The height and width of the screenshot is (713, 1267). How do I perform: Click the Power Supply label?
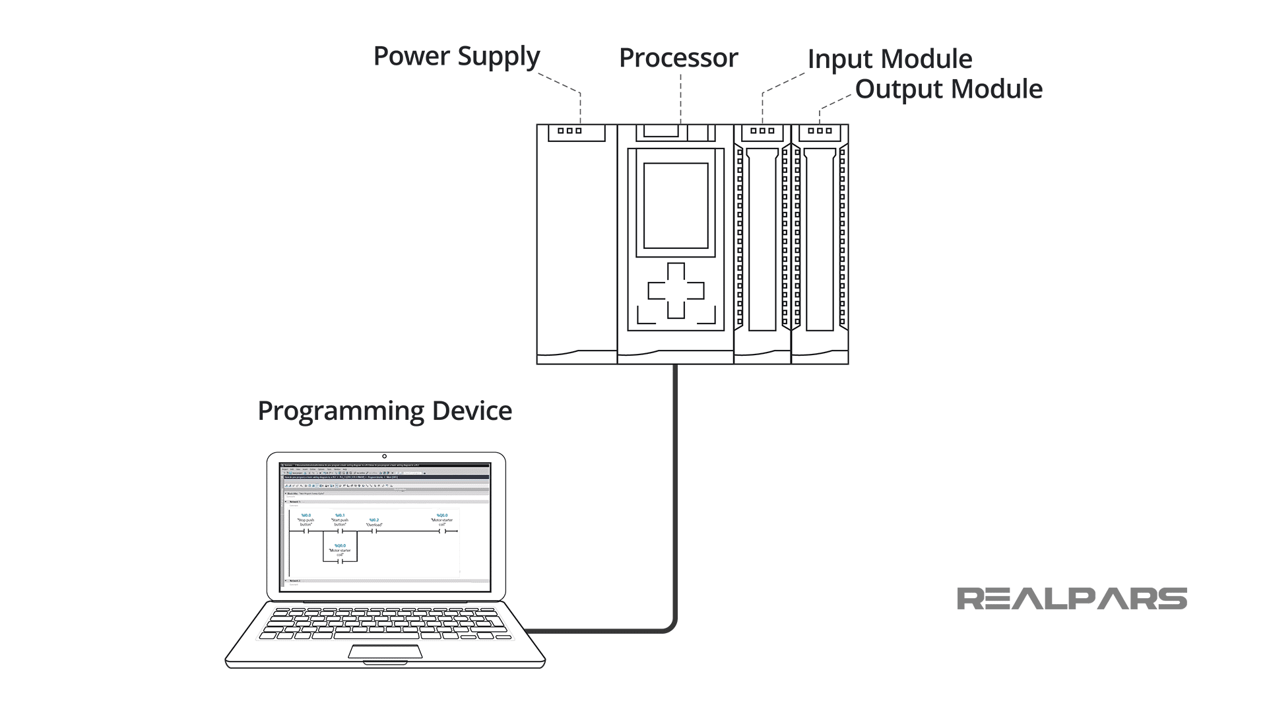(457, 57)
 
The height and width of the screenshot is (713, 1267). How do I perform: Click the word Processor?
(678, 58)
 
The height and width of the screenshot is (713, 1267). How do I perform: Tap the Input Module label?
(889, 59)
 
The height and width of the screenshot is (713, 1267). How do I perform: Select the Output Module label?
(948, 89)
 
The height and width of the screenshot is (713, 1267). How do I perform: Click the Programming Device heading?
(384, 411)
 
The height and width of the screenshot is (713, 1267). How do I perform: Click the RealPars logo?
(1072, 599)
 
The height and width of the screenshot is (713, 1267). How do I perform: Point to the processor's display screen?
(675, 206)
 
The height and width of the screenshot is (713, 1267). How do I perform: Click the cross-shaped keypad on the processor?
(676, 290)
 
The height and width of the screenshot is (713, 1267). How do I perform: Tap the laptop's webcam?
(384, 456)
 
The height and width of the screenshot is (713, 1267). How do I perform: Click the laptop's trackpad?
(385, 652)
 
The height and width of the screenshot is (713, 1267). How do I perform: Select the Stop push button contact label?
(306, 522)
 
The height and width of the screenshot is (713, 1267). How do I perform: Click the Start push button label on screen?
(340, 522)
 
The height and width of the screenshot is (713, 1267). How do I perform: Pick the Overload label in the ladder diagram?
(374, 525)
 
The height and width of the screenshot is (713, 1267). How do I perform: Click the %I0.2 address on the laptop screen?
(374, 520)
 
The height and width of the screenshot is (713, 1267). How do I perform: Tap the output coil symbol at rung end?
(442, 531)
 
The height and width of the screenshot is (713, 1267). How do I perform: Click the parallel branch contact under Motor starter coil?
(340, 561)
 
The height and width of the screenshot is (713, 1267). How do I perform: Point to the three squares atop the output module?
(820, 131)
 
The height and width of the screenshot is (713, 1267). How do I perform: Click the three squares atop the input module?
(762, 131)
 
